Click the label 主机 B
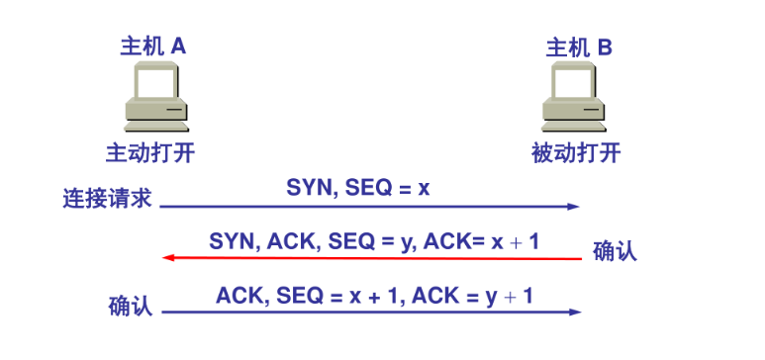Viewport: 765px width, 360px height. click(x=579, y=45)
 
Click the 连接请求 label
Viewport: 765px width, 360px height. click(x=106, y=199)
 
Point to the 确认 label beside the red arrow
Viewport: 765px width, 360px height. click(x=615, y=250)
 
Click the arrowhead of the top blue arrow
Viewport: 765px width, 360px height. click(x=573, y=207)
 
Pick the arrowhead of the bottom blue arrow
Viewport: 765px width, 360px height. click(x=575, y=313)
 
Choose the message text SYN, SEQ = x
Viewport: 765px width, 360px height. click(x=358, y=187)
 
